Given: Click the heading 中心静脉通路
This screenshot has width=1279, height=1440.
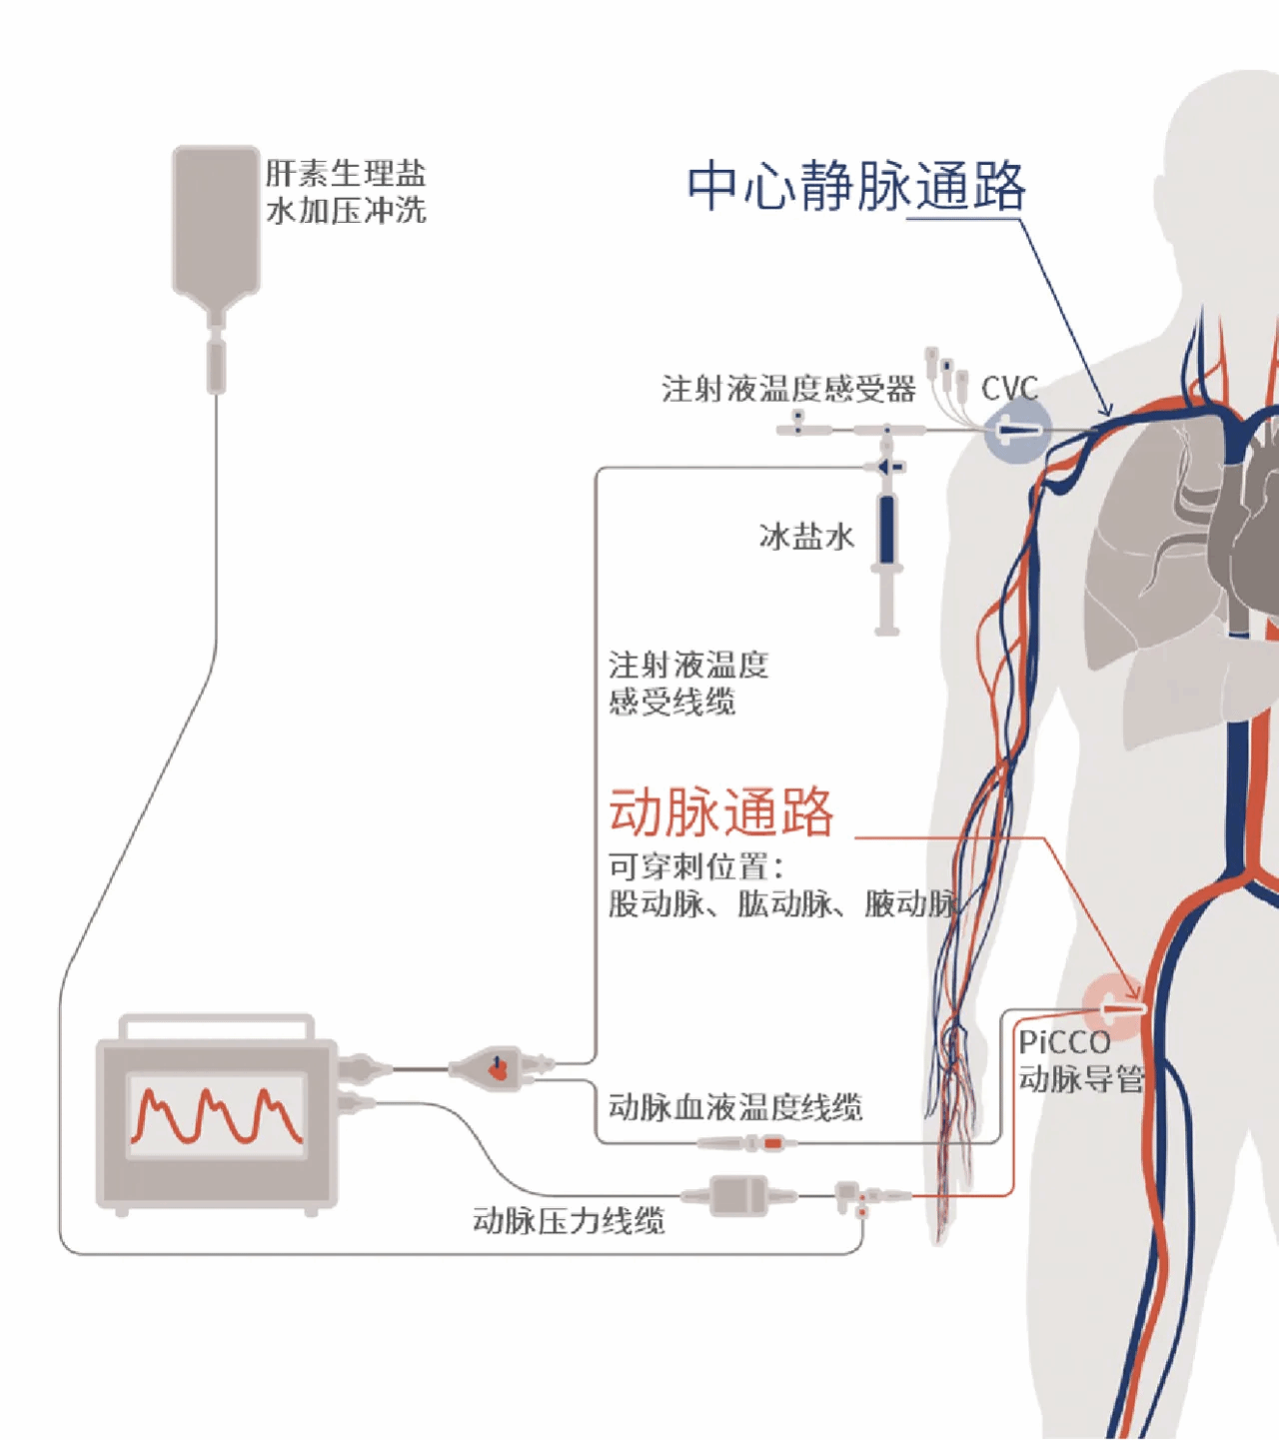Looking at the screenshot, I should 856,186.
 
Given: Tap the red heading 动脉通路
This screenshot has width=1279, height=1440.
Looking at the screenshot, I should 720,810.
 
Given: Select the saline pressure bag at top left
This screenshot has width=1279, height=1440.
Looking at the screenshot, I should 216,222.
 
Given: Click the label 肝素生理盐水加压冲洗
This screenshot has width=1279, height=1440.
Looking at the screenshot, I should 346,191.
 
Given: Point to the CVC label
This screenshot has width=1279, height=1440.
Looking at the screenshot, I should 1009,388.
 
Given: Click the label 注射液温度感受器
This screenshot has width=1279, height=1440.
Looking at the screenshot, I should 788,388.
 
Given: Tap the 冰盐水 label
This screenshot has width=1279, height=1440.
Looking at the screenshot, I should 806,537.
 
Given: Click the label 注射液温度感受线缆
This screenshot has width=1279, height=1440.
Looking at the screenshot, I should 687,684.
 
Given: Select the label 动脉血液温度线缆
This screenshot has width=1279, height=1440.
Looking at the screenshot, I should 734,1107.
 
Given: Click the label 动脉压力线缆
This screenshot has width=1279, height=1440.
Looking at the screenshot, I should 568,1220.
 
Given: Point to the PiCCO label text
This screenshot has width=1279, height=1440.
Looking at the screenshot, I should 1064,1043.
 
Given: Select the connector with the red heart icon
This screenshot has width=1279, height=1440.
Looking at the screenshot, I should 498,1068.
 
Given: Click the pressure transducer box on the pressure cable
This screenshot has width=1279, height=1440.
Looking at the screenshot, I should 737,1195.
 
